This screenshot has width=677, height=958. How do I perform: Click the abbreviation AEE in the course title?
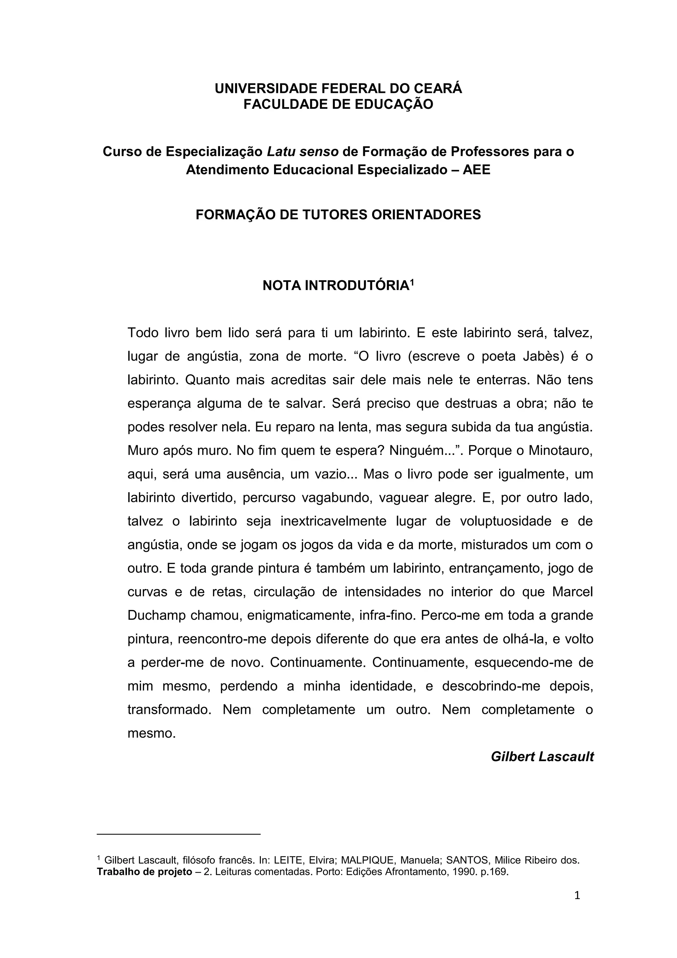click(476, 170)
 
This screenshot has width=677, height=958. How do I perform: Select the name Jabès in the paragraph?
click(542, 356)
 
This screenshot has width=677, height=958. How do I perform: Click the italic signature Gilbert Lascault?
click(542, 757)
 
